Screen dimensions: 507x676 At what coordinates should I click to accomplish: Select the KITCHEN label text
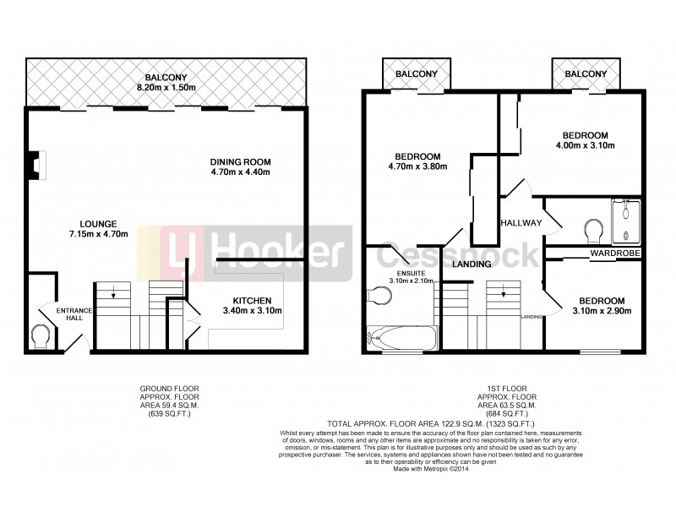(x=252, y=301)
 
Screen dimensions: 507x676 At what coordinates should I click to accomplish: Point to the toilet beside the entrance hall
(x=40, y=335)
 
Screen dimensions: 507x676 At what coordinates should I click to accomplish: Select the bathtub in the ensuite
(x=402, y=340)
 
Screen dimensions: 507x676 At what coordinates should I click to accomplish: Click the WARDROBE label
(x=614, y=253)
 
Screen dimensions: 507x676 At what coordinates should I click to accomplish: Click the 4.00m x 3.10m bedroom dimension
(x=585, y=146)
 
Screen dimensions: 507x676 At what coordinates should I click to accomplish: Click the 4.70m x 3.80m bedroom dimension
(x=418, y=166)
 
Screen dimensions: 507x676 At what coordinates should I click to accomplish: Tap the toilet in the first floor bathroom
(x=593, y=229)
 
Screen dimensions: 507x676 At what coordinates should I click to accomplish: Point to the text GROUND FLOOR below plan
(x=170, y=389)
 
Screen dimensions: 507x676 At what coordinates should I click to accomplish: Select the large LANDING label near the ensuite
(x=472, y=264)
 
